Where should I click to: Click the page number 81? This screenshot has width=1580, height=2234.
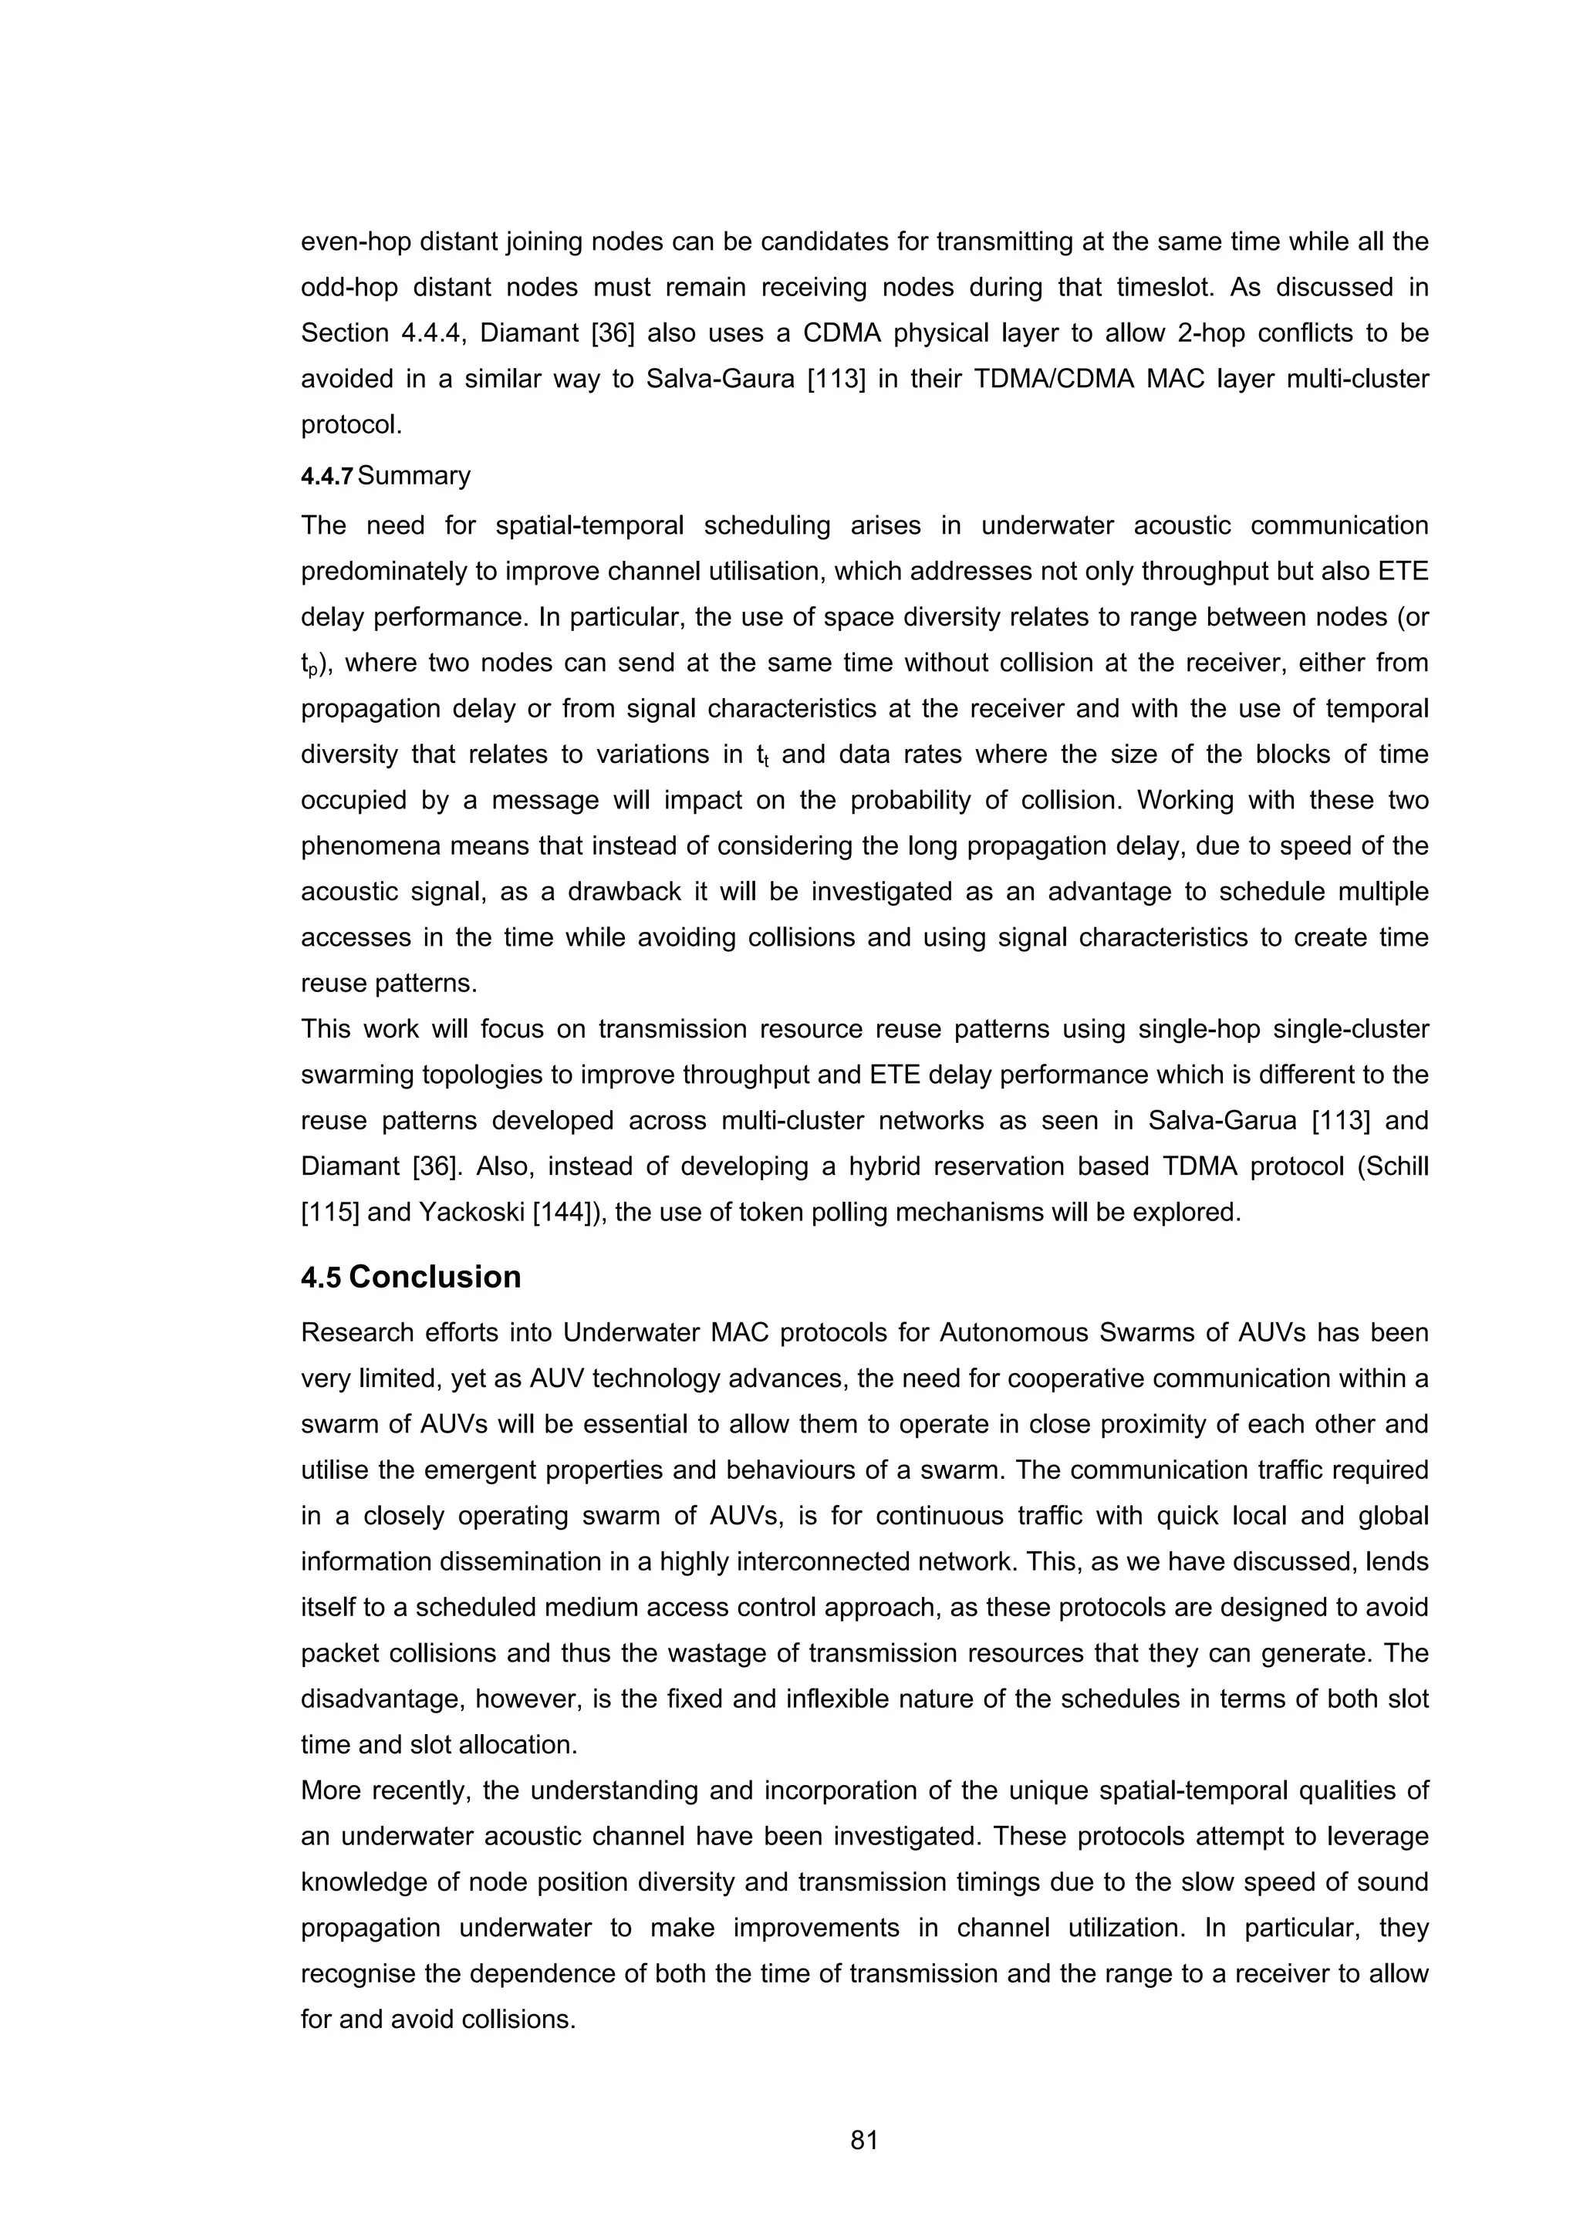coord(864,2140)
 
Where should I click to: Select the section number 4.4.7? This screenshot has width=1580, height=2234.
coord(328,477)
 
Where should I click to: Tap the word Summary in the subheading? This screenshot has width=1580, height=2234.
coord(414,476)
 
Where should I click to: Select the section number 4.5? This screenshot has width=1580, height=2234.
coord(320,1277)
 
